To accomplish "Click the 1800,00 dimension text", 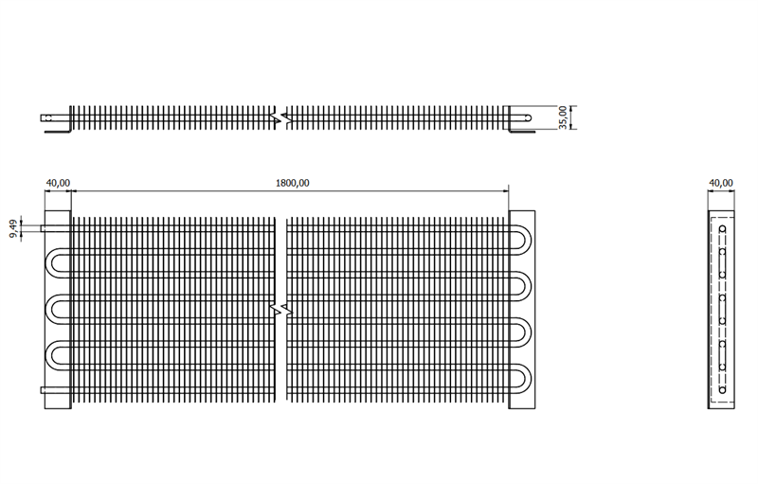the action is (x=292, y=183).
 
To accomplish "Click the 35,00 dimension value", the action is (x=563, y=117).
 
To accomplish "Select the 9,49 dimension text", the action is (x=13, y=228).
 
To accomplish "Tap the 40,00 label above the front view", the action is (x=58, y=183).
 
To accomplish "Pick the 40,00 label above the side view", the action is (x=721, y=183).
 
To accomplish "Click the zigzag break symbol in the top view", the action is (x=281, y=117).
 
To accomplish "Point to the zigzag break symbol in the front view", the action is (x=281, y=309).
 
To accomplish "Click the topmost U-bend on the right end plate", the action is (x=520, y=240).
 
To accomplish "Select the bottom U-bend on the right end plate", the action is (x=520, y=379).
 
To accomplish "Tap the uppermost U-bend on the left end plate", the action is (x=59, y=263).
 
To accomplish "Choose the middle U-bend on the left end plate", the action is (x=59, y=309).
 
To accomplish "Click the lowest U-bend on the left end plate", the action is (x=59, y=355).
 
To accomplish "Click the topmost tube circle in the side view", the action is (x=722, y=228).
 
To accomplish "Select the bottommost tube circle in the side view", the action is (x=722, y=390).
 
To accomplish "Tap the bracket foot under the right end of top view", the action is (x=522, y=131).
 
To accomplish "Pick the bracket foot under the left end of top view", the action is (x=58, y=131).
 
